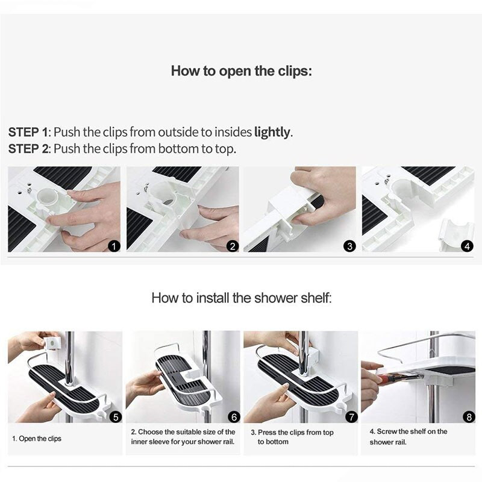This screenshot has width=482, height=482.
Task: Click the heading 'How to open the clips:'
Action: coord(242,71)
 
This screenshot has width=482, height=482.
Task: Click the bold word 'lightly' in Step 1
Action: coord(272,133)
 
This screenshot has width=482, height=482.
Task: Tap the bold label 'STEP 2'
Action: coord(28,149)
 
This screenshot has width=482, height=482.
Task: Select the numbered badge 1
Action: coord(114,246)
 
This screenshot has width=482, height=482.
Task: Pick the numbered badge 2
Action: coord(233,246)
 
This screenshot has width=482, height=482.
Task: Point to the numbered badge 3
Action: coord(349,246)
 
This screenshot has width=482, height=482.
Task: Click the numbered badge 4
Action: coord(468,246)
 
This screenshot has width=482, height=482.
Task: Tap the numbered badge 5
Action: coord(116,417)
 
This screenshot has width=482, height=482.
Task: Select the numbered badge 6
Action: coord(234,417)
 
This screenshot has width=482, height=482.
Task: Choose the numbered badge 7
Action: coord(352,417)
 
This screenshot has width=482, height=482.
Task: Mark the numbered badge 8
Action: coord(469,417)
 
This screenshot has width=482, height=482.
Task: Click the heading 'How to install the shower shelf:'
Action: coord(242,298)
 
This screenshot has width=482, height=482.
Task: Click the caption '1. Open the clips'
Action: coord(37,439)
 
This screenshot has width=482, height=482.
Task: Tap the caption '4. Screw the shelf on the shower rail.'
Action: coord(408,437)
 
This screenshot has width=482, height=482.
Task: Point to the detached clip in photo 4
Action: coord(454,235)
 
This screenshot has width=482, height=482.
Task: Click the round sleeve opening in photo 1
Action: coord(46,197)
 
